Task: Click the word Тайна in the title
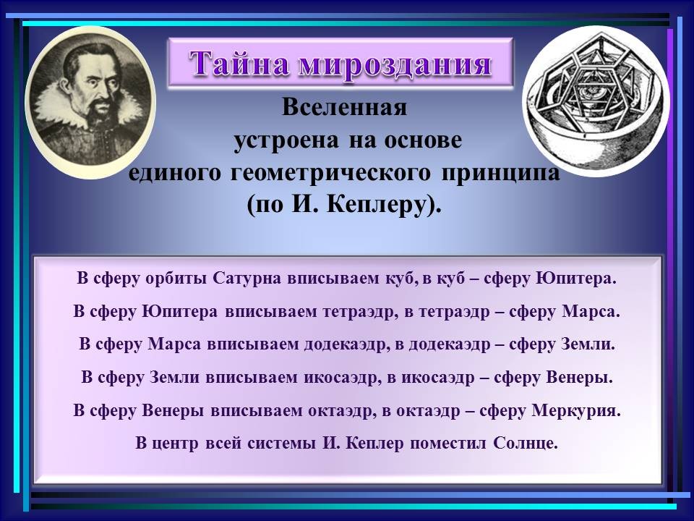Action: click(239, 64)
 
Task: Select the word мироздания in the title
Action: click(395, 64)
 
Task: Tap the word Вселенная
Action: click(344, 107)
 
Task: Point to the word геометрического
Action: click(330, 172)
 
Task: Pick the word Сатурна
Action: click(247, 279)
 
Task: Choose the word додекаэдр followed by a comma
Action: click(346, 345)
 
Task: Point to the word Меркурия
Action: click(576, 411)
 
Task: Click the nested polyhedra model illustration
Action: click(596, 101)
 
